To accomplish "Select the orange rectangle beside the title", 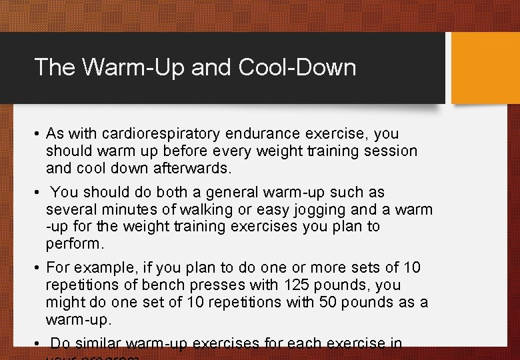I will click(485, 68).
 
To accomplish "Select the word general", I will click(233, 193).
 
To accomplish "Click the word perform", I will click(73, 245).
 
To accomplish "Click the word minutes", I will click(129, 210).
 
